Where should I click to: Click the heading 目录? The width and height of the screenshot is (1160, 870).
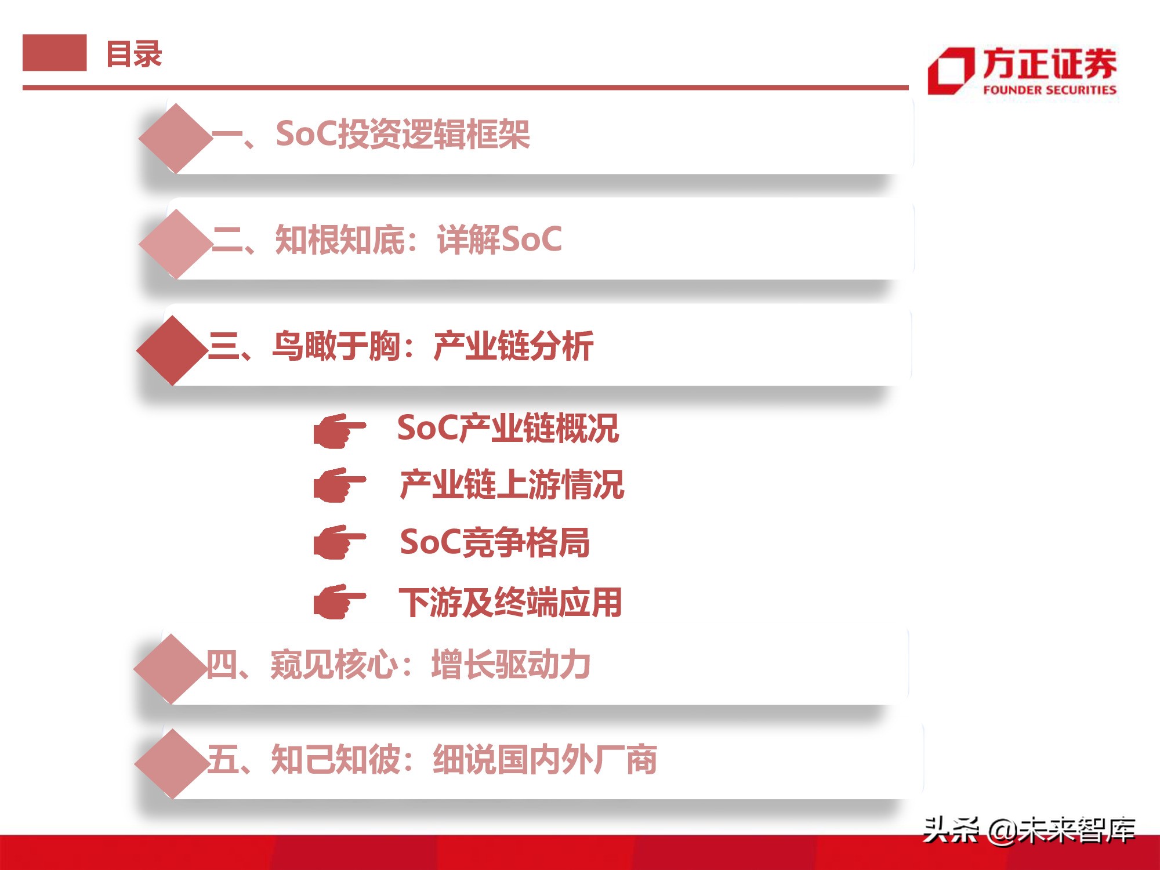pos(134,55)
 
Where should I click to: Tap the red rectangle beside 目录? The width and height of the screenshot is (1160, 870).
pos(55,53)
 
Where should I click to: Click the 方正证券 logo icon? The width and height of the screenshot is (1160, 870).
pos(951,71)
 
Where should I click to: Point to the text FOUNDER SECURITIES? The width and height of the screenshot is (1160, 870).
pos(1049,90)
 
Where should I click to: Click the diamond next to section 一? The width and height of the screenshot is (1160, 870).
pos(176,138)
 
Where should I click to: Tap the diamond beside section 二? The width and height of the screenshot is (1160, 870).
pos(176,244)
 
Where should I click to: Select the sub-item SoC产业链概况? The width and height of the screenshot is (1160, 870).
pos(508,429)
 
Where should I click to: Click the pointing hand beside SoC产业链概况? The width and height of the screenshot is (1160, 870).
pos(339,431)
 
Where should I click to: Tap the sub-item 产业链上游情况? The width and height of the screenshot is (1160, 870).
pos(512,485)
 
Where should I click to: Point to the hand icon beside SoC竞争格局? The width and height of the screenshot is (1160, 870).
pos(339,542)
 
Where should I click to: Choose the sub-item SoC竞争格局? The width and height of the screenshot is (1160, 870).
pos(495,542)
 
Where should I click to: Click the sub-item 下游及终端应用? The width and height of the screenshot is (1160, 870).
pos(510,603)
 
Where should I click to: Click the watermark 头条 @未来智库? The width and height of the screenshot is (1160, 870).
pos(1028,829)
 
